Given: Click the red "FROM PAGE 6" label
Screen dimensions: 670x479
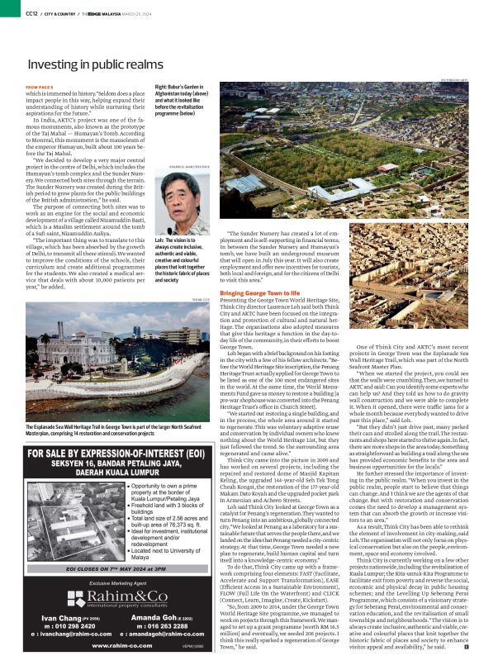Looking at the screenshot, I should pyautogui.click(x=40, y=87).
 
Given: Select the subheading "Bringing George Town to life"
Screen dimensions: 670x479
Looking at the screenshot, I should pyautogui.click(x=261, y=293).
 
